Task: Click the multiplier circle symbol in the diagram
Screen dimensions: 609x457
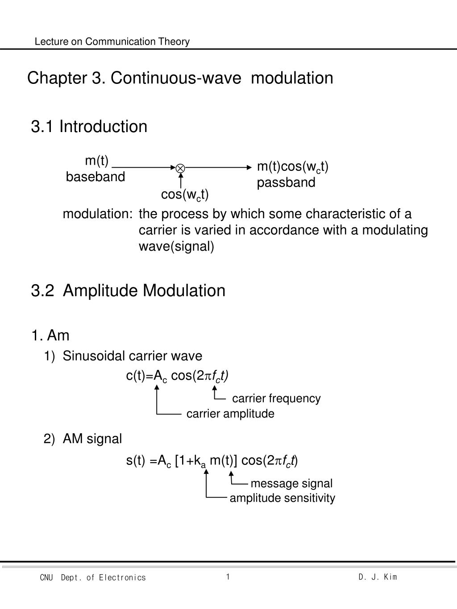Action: [180, 168]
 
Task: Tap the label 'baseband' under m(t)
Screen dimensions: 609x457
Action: [96, 177]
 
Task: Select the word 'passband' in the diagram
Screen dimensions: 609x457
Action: [286, 182]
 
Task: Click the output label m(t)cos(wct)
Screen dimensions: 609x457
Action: [293, 167]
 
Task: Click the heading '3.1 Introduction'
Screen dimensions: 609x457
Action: [89, 126]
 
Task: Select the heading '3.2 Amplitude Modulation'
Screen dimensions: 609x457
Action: [129, 290]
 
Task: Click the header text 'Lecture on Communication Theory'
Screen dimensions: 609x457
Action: [112, 41]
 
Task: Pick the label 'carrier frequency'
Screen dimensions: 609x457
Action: [276, 398]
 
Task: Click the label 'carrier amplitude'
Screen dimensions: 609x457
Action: [230, 414]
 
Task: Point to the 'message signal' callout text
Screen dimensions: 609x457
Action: [291, 484]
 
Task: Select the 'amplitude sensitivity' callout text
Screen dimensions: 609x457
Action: [282, 498]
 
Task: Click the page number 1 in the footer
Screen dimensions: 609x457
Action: [228, 577]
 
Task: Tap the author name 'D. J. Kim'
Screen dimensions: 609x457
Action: [378, 577]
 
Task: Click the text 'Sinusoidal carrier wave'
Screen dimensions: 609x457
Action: [133, 356]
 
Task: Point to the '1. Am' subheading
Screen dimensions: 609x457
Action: [50, 335]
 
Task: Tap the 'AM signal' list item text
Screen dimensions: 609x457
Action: [92, 439]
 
